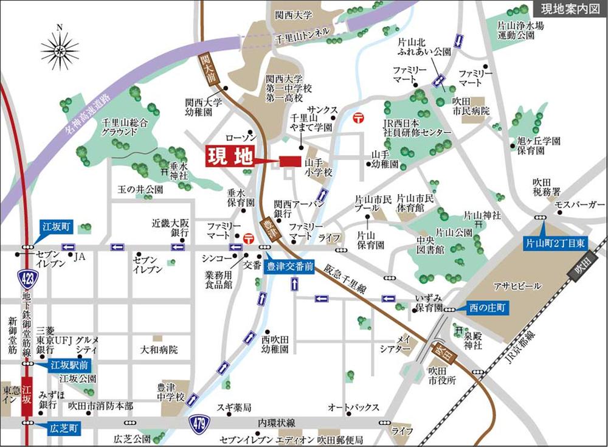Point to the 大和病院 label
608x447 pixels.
(159, 350)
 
